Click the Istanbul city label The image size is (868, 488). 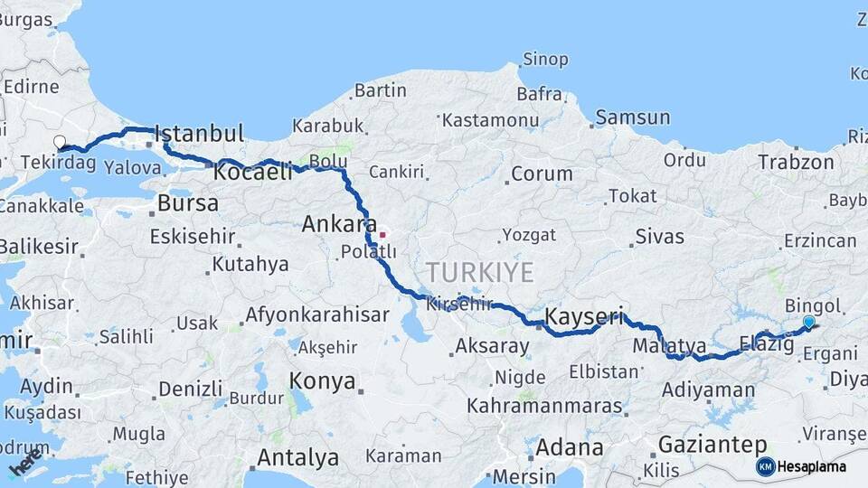(199, 134)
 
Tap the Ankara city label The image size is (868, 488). (340, 223)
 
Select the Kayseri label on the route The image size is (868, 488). (584, 316)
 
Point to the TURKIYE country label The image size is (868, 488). (480, 271)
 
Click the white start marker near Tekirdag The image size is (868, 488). (60, 142)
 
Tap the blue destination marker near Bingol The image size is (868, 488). (808, 322)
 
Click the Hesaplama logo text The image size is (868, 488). (811, 466)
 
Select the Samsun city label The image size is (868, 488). (633, 117)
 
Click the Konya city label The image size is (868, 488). (323, 380)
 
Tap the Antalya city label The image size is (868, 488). (297, 457)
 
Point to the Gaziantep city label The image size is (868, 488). (712, 445)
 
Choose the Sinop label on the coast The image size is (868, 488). (546, 60)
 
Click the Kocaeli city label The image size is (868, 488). (253, 172)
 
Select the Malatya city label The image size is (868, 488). (669, 345)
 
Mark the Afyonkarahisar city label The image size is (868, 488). (316, 315)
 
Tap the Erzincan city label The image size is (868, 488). (819, 240)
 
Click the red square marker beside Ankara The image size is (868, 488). (382, 235)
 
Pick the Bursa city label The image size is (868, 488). (188, 203)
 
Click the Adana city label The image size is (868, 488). (570, 446)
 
